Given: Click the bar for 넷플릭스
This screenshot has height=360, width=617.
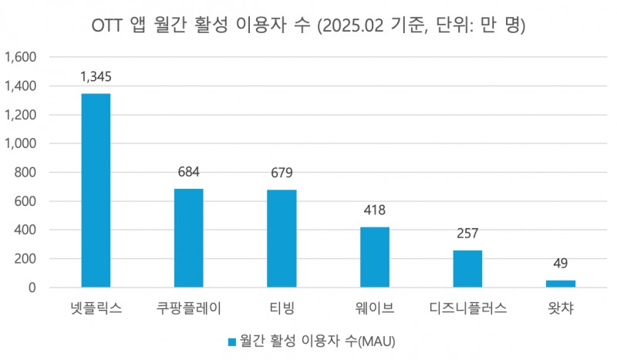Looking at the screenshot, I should [x=95, y=190].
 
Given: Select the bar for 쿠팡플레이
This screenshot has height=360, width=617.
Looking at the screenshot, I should [x=188, y=238].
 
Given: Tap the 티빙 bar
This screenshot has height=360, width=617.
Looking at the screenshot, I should [x=282, y=238].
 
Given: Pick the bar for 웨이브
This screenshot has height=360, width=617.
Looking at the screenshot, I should [x=374, y=257].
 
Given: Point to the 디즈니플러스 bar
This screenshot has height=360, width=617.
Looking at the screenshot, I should [x=467, y=269].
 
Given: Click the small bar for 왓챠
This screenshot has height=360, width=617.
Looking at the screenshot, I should [x=561, y=284].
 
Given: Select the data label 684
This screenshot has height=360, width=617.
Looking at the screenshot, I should [x=188, y=171].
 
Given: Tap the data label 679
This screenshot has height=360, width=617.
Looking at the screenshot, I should [x=282, y=172].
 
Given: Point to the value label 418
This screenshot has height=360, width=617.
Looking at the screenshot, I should [x=374, y=210].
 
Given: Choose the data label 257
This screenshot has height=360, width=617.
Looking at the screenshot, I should [x=467, y=233].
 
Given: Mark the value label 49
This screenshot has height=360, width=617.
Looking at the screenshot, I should [x=561, y=264].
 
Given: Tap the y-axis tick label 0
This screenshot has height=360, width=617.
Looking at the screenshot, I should [x=33, y=288].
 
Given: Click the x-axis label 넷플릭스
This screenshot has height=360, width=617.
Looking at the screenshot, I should [x=95, y=309].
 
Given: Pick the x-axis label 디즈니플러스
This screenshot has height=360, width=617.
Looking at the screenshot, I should [x=467, y=309].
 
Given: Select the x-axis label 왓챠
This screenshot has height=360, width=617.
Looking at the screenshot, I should [x=561, y=309].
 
